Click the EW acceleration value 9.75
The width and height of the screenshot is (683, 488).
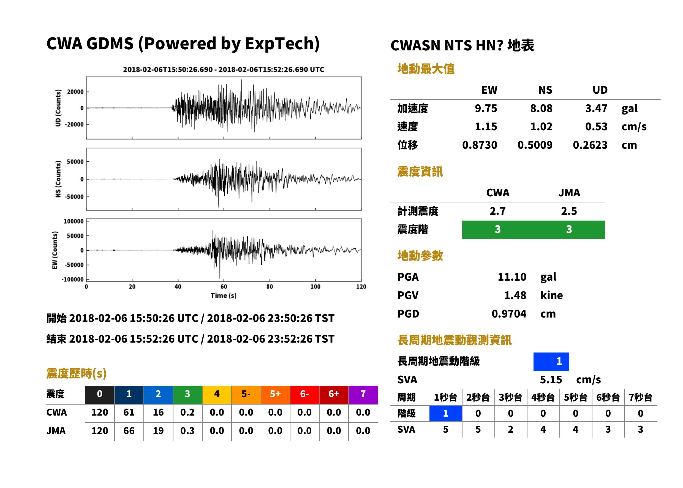pyautogui.click(x=486, y=109)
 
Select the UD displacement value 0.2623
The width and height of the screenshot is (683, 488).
pyautogui.click(x=590, y=145)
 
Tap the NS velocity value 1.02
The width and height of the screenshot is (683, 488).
pyautogui.click(x=541, y=127)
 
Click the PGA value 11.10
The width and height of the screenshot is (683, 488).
pyautogui.click(x=512, y=277)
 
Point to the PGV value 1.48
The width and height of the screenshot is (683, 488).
pyautogui.click(x=515, y=295)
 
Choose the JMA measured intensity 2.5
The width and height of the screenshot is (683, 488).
pyautogui.click(x=569, y=211)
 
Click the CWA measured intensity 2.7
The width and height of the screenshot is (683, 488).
pyautogui.click(x=498, y=211)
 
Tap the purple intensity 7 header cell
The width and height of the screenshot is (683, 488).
pyautogui.click(x=363, y=395)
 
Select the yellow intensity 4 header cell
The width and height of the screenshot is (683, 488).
pyautogui.click(x=217, y=395)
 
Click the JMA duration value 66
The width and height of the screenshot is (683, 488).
pyautogui.click(x=129, y=431)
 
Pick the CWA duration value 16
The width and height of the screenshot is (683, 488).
pyautogui.click(x=158, y=412)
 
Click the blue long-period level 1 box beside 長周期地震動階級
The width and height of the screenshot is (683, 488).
pyautogui.click(x=551, y=362)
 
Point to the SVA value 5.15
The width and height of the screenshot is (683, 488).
pyautogui.click(x=551, y=380)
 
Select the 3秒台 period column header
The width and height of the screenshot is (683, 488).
pyautogui.click(x=510, y=398)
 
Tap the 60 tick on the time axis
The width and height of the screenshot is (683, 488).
pyautogui.click(x=224, y=287)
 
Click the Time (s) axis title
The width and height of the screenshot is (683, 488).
pyautogui.click(x=224, y=296)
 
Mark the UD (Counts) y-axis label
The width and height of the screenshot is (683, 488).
pyautogui.click(x=58, y=108)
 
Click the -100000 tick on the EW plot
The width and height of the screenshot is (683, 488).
pyautogui.click(x=73, y=280)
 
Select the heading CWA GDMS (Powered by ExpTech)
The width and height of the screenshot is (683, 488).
pyautogui.click(x=183, y=44)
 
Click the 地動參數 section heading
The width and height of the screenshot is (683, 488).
pyautogui.click(x=420, y=256)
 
